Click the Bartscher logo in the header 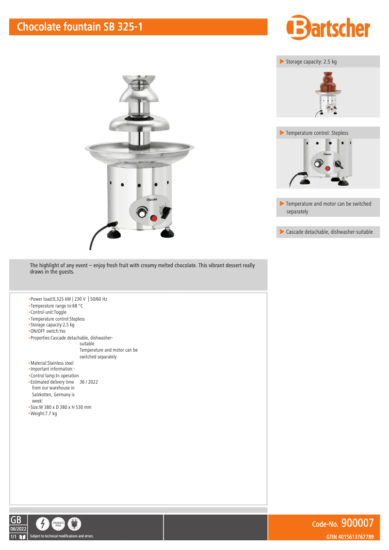328,27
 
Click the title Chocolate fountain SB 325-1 80,27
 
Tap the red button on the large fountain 154,218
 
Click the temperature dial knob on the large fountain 142,212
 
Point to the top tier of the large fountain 139,88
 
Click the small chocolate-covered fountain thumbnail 328,93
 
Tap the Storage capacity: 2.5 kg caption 311,62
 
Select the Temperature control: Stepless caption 317,133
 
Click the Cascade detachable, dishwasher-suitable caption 329,232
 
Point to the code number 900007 357,523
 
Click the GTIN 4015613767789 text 350,537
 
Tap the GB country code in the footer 16,520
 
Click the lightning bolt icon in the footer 43,524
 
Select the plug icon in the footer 74,524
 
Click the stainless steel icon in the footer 58,524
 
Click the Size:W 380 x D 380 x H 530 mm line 60,407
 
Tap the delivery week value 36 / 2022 89,382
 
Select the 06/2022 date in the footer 18,529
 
